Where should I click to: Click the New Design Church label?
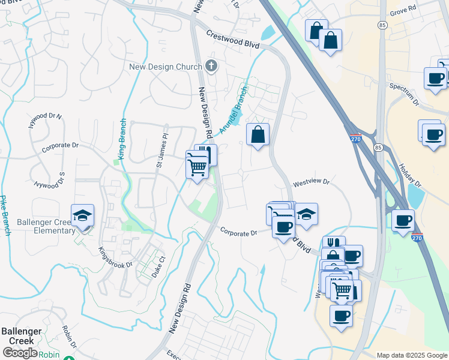tap(166, 66)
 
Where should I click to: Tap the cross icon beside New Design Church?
tap(211, 65)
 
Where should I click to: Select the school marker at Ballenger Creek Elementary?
tap(83, 216)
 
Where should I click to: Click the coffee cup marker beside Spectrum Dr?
tap(435, 78)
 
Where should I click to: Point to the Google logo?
tap(20, 353)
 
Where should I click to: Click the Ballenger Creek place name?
tap(20, 336)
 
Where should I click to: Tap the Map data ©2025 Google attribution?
tap(412, 355)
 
